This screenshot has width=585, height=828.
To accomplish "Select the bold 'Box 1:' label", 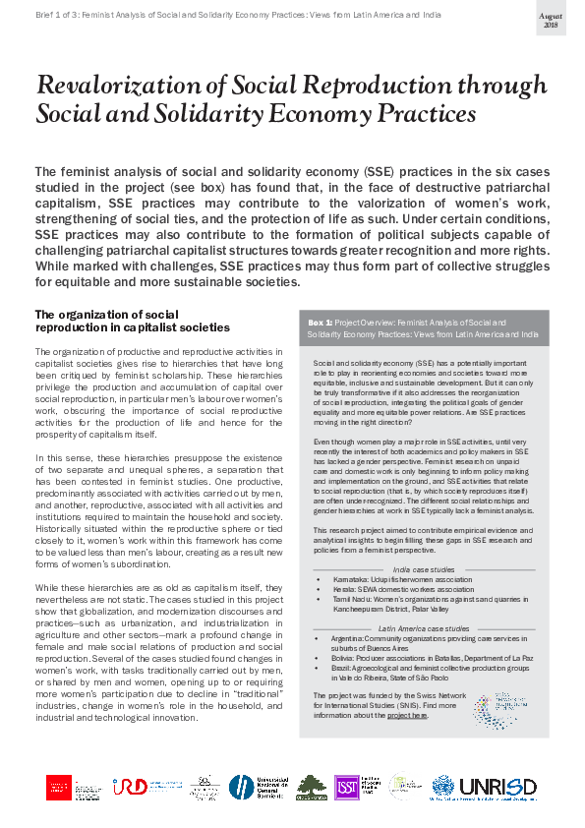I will point(321,322).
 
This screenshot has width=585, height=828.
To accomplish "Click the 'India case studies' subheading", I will point(423,568).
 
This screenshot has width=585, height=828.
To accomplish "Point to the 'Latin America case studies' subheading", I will point(423,626).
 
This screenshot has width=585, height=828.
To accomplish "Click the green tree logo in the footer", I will point(312,788).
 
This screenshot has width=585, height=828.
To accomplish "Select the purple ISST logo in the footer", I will point(346,787).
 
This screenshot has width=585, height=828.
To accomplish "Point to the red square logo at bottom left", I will point(59,788).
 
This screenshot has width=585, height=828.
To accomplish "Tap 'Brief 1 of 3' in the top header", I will point(61,16).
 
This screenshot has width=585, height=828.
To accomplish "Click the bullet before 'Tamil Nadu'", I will point(319,599).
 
